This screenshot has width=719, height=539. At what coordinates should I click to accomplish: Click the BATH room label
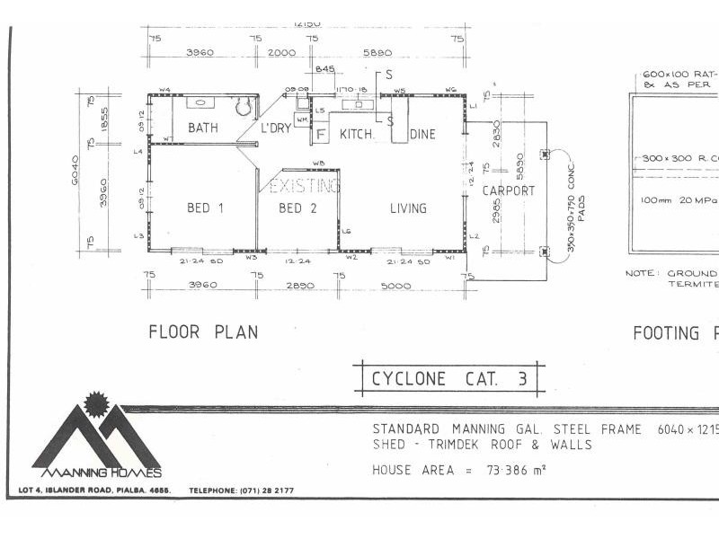[203, 128]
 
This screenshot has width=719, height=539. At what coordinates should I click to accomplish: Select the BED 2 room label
[297, 208]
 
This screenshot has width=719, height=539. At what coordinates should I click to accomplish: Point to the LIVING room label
[408, 208]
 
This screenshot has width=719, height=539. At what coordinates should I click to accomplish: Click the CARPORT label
[509, 190]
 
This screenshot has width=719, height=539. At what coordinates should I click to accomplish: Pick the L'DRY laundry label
[276, 128]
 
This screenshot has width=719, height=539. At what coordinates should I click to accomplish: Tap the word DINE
[422, 135]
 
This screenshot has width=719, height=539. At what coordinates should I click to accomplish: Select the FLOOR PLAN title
[203, 332]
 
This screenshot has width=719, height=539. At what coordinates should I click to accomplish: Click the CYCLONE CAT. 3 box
[449, 378]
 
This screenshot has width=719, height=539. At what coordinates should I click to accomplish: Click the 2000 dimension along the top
[282, 52]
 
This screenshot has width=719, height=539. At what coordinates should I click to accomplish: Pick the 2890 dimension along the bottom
[298, 286]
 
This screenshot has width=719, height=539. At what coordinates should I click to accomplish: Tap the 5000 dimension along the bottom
[395, 286]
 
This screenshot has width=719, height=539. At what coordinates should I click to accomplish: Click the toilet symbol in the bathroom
[241, 107]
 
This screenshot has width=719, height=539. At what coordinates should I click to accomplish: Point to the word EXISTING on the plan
[306, 186]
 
